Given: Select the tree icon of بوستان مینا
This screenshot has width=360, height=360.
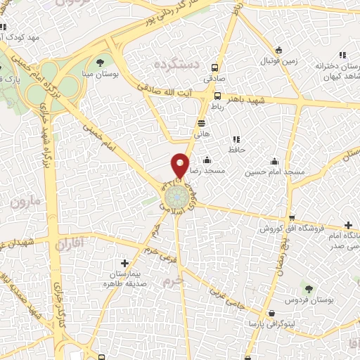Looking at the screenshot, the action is click(108, 62).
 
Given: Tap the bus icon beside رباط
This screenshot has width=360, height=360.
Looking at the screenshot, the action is click(217, 97).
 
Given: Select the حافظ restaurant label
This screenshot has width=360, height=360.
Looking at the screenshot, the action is click(235, 150).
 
